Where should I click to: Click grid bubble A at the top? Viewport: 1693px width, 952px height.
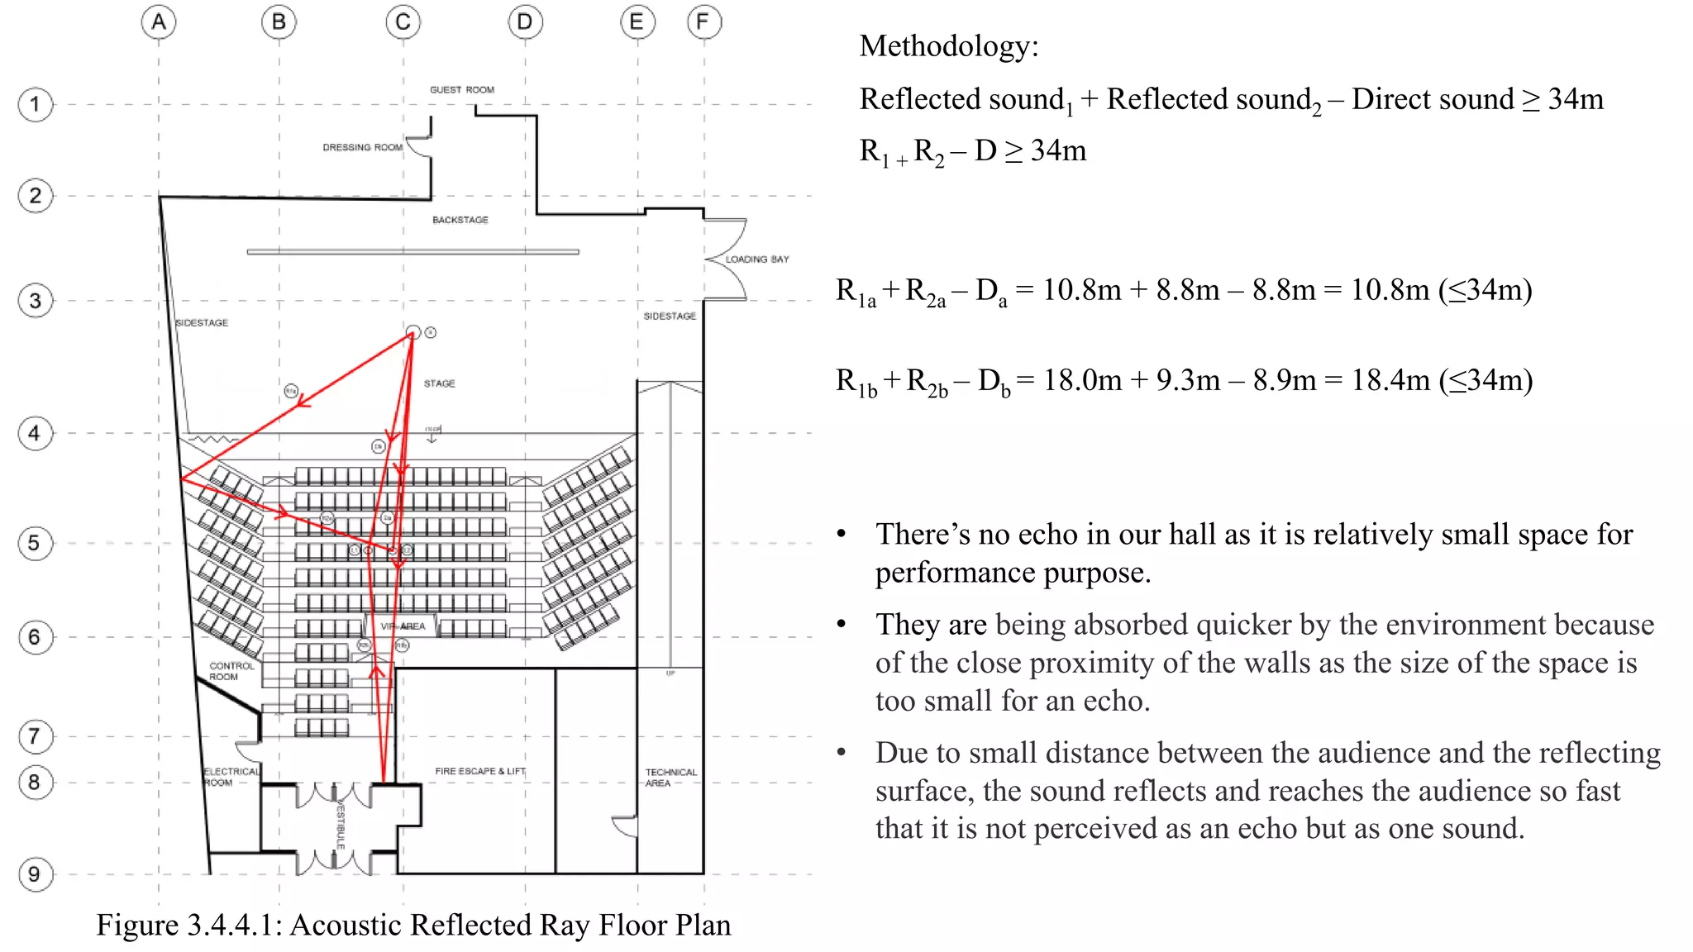coord(159,22)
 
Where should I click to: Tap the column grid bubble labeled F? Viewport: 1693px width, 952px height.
coord(703,22)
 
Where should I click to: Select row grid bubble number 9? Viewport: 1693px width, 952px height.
coord(35,874)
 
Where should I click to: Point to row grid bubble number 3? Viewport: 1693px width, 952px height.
coord(35,301)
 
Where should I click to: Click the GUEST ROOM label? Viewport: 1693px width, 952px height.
coord(461,90)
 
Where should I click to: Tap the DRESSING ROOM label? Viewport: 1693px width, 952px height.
coord(362,148)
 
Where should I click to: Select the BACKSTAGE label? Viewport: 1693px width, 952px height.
coord(460,220)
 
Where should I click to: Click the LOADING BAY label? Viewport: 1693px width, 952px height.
coord(756,259)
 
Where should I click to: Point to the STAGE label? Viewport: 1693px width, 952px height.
coord(439,383)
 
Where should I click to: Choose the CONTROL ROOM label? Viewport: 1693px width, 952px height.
coord(231,671)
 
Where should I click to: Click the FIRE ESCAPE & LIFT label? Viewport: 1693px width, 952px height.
coord(480,771)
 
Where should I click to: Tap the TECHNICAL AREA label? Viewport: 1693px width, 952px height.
coord(670,778)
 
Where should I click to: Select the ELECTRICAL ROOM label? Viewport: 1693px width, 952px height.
coord(231,777)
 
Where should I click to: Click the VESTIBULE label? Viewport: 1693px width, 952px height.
coord(340,824)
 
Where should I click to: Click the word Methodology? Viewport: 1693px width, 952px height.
coord(948,46)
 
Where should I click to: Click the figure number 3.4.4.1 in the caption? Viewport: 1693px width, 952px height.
coord(233,926)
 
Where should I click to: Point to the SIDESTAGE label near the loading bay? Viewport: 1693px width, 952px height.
coord(670,317)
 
